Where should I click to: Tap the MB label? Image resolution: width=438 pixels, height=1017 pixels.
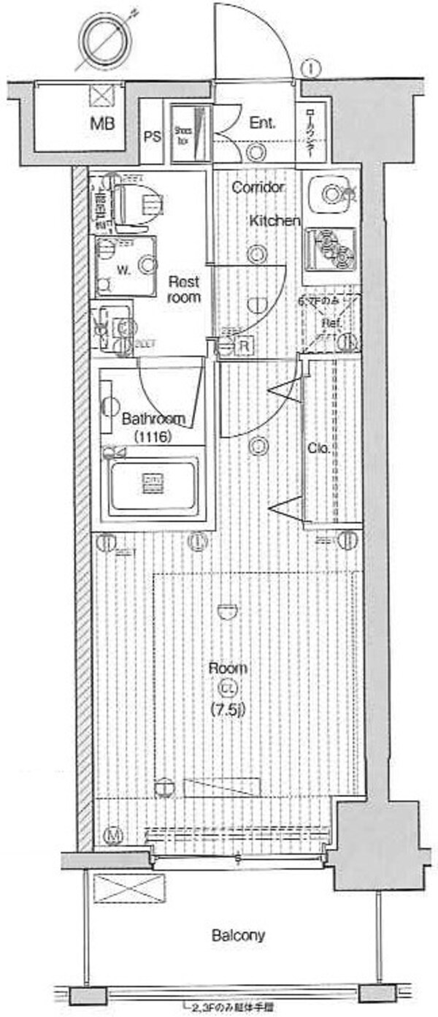pos(102,123)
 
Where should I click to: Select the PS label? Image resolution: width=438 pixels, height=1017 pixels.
pos(152,136)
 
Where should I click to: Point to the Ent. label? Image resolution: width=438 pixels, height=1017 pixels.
pos(262,123)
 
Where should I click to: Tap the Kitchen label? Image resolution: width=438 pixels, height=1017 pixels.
pos(274,221)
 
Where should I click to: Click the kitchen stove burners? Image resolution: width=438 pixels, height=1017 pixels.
pos(330,248)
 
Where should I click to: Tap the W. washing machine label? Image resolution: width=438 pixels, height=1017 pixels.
pos(124,268)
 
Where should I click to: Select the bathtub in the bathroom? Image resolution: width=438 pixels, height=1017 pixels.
pos(153,484)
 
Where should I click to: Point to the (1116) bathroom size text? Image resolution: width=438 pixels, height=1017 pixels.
pos(153,438)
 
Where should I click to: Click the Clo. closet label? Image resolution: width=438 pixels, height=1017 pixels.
pos(316,448)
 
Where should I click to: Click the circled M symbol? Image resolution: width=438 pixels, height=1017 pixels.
pos(113,834)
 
